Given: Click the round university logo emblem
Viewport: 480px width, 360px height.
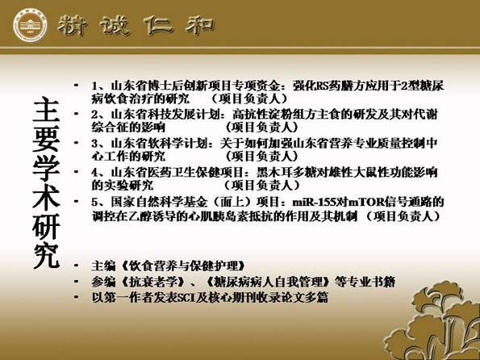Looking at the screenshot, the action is [30, 25].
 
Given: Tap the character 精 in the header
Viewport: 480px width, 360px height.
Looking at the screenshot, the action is [73, 25].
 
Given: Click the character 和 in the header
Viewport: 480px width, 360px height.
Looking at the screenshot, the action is [199, 24].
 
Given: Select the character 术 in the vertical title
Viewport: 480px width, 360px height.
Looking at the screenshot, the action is [46, 197].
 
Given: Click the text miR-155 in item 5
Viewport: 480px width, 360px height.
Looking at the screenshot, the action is [315, 203].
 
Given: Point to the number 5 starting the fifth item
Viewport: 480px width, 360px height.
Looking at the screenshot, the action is [94, 203].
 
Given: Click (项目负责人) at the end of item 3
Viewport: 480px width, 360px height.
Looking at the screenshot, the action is [261, 156].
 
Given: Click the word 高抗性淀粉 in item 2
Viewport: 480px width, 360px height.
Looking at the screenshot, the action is [263, 115].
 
